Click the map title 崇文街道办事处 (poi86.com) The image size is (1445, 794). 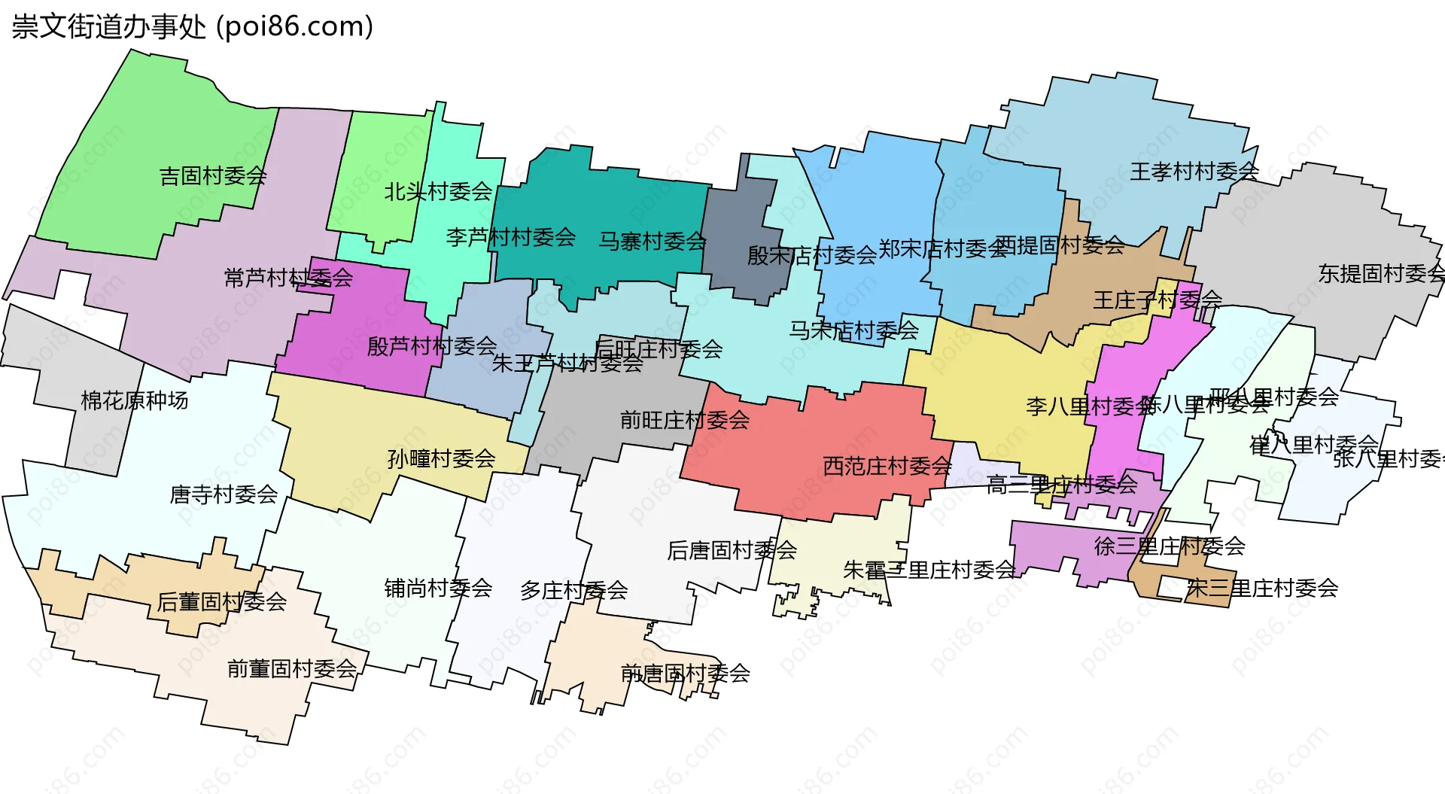click(193, 27)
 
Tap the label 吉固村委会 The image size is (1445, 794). click(213, 176)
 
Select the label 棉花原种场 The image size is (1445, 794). click(135, 400)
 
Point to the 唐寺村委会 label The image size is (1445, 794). click(224, 494)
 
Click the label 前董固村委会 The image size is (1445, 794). click(292, 668)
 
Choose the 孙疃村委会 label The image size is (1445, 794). click(441, 458)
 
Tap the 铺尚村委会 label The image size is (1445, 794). click(438, 588)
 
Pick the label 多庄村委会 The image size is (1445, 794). click(573, 591)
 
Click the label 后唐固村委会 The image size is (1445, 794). click(732, 550)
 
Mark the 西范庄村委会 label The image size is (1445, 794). click(887, 466)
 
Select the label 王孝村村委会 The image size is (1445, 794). click(1194, 172)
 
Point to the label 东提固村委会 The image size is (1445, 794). click(1381, 274)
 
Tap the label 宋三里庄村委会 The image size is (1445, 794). click(1262, 588)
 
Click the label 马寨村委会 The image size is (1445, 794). click(653, 242)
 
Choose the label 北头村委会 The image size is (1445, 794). click(438, 192)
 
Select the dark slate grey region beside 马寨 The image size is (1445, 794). click(741, 226)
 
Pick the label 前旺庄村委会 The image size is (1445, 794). click(685, 420)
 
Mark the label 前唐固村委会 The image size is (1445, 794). click(685, 674)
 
